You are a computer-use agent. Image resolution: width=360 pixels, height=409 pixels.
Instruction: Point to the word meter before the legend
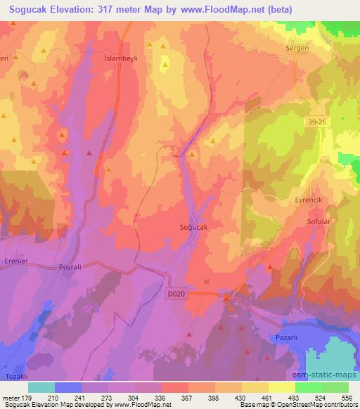[10, 398]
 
